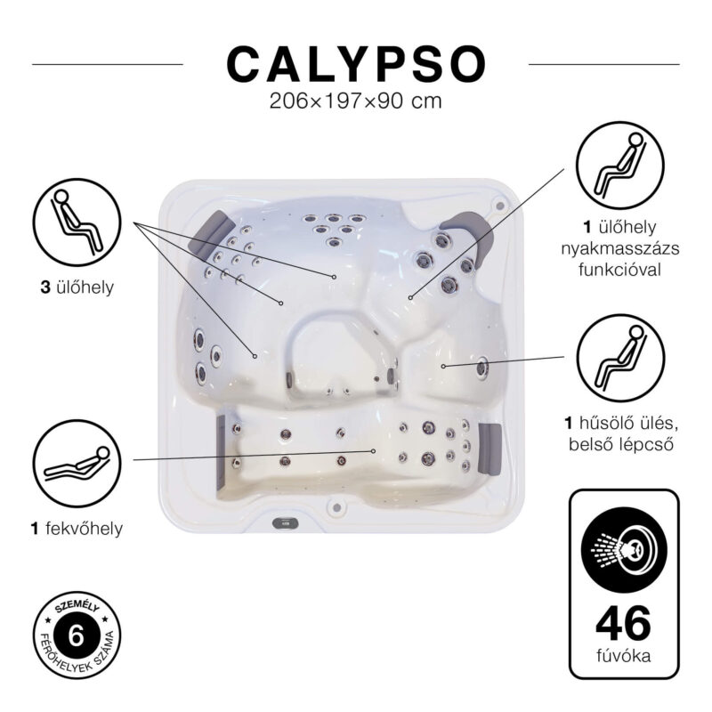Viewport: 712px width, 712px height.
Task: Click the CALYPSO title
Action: [356, 64]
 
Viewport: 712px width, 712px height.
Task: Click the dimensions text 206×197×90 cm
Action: [356, 101]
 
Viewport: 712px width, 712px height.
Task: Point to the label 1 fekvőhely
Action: [77, 530]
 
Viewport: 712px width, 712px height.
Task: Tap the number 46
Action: [623, 623]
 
